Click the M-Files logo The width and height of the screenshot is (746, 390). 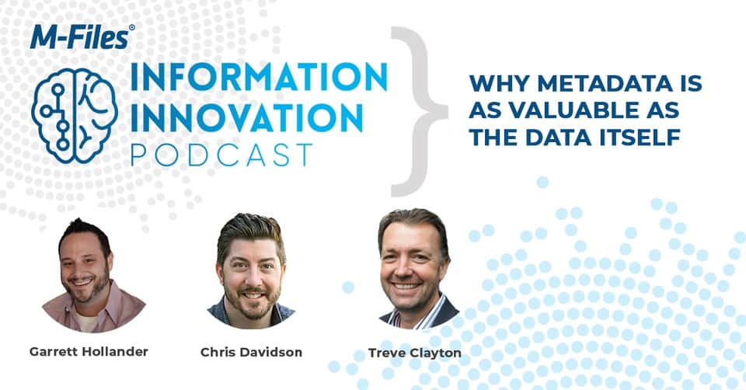click(82, 37)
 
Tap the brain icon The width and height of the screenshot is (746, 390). click(75, 116)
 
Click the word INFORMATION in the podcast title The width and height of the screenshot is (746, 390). click(259, 78)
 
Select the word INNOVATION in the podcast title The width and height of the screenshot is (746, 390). click(246, 118)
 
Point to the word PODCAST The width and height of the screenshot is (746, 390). click(221, 155)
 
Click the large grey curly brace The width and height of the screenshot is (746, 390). click(419, 111)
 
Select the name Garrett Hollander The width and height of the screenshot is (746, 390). click(89, 351)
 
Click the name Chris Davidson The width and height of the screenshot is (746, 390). click(251, 352)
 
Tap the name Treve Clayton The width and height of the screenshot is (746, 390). click(414, 353)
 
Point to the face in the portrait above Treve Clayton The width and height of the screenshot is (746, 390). click(410, 266)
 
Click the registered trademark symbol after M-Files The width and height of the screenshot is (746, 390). click(131, 28)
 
